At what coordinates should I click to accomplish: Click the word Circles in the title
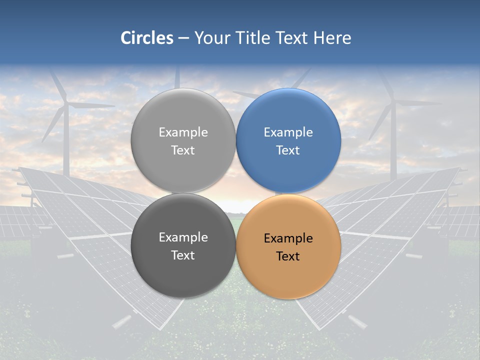pos(147,38)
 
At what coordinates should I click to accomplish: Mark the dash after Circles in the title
pos(183,38)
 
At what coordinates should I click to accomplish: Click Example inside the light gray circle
pos(183,132)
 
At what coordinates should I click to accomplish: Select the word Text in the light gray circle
pos(183,150)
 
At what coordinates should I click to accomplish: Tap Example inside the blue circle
pos(288,132)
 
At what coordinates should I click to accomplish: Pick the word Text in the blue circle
pos(288,150)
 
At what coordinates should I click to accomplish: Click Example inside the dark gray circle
pos(183,237)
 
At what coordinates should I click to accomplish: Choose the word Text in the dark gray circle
pos(183,255)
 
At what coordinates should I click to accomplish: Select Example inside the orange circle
pos(288,238)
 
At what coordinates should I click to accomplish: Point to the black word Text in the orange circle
pos(288,256)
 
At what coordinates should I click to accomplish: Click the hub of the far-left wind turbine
pos(66,104)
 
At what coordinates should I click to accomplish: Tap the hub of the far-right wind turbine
pos(393,103)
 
